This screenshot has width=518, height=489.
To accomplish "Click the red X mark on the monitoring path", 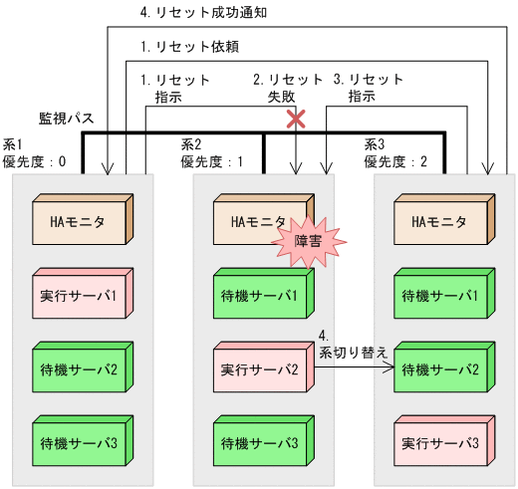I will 296,120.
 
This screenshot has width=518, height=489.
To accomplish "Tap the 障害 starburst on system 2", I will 308,240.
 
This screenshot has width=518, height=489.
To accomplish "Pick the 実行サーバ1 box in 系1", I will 81,296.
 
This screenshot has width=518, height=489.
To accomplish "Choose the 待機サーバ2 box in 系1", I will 81,368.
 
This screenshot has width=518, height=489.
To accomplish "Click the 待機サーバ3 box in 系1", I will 81,441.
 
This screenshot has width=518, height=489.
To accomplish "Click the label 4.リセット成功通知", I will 203,15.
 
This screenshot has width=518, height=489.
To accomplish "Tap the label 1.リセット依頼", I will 189,47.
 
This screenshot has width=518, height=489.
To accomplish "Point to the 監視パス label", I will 66,118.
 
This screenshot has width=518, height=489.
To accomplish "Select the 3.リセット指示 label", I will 368,88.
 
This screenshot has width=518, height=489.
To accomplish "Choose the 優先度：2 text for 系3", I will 396,161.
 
